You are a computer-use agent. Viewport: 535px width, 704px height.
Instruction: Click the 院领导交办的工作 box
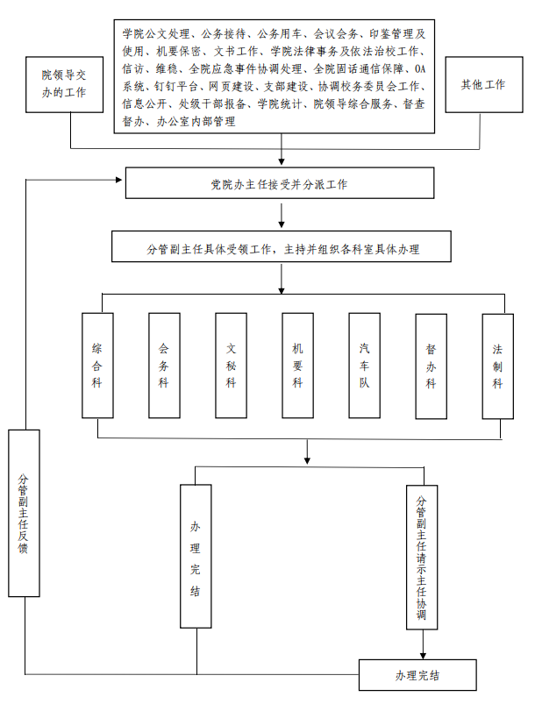pyautogui.click(x=64, y=84)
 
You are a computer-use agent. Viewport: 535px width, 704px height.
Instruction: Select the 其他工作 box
pyautogui.click(x=484, y=84)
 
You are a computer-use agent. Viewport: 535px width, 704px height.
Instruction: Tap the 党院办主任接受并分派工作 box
pyautogui.click(x=280, y=182)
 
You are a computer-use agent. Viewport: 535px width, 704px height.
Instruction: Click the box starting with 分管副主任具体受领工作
pyautogui.click(x=282, y=246)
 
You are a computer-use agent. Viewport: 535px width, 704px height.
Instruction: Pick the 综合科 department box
pyautogui.click(x=97, y=366)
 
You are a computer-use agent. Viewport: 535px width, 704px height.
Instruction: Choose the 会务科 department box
pyautogui.click(x=164, y=366)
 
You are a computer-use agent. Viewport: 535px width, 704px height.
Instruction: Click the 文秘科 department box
pyautogui.click(x=231, y=366)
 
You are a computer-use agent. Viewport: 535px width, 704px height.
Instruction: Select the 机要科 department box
pyautogui.click(x=297, y=366)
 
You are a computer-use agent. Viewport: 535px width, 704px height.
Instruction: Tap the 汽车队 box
pyautogui.click(x=364, y=366)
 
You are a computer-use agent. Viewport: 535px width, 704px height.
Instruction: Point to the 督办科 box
pyautogui.click(x=431, y=366)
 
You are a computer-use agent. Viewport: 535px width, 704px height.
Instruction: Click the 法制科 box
pyautogui.click(x=497, y=366)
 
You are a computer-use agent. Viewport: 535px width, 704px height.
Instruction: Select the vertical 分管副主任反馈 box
pyautogui.click(x=24, y=513)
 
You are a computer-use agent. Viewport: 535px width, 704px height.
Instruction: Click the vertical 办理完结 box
pyautogui.click(x=196, y=557)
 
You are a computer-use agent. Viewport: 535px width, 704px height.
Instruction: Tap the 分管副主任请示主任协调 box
pyautogui.click(x=422, y=558)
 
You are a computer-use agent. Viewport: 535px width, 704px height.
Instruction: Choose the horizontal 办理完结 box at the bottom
pyautogui.click(x=417, y=675)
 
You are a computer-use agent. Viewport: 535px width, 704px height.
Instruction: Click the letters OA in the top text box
pyautogui.click(x=419, y=68)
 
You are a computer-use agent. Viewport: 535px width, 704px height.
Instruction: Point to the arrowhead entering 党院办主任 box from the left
pyautogui.click(x=119, y=180)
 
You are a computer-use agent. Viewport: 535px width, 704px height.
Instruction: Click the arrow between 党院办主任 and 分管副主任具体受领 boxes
pyautogui.click(x=282, y=216)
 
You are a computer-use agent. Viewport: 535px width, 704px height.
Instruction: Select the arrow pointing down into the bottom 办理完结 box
pyautogui.click(x=423, y=644)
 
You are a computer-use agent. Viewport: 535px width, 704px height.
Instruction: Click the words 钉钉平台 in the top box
pyautogui.click(x=175, y=86)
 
